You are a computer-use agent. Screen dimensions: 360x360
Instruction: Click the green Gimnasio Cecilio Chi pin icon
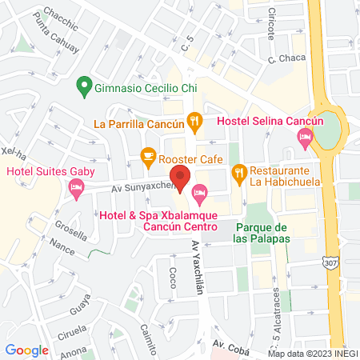click(x=82, y=85)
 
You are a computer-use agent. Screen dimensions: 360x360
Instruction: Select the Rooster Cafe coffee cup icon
click(x=147, y=157)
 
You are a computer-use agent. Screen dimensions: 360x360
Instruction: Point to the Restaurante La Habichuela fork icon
click(x=238, y=171)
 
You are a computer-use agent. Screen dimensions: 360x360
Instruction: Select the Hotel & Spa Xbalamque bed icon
click(x=199, y=191)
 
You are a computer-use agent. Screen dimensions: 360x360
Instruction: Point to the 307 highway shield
click(x=330, y=262)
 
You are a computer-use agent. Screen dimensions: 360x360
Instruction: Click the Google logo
click(x=26, y=350)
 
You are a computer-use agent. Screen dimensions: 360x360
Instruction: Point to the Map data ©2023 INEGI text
click(x=312, y=353)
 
